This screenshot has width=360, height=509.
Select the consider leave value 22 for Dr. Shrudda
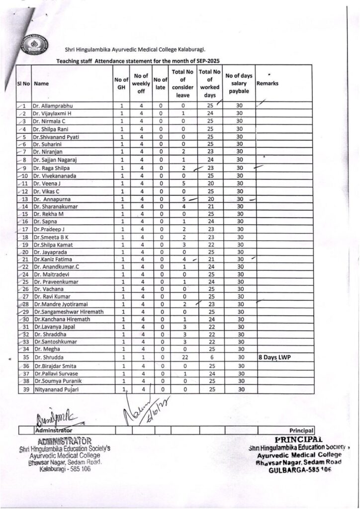(183, 357)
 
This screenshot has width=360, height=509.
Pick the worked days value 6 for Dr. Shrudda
(210, 357)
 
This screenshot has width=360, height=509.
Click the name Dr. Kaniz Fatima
(53, 259)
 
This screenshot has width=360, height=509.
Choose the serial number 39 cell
(24, 389)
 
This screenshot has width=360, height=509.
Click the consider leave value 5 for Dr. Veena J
(183, 182)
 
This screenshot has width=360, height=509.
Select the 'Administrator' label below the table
(53, 430)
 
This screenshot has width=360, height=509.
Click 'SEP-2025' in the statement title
(205, 60)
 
